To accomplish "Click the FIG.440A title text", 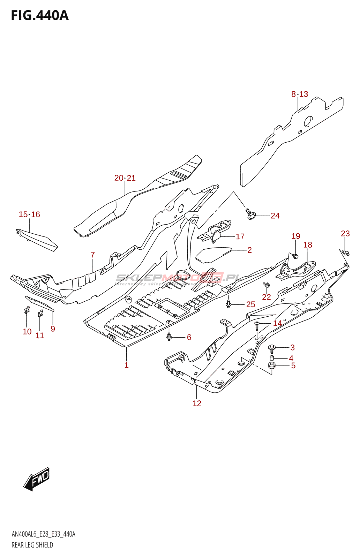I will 40,16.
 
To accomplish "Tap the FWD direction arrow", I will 37,479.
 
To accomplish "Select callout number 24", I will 275,216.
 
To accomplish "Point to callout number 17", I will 240,236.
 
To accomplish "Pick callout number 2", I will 249,250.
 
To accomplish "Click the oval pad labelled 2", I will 213,254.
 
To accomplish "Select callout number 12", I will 197,404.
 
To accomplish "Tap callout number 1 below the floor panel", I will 126,365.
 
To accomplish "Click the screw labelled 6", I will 169,337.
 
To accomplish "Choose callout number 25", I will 250,304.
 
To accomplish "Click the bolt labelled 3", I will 271,347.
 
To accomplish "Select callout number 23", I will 345,234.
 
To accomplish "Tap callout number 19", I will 295,236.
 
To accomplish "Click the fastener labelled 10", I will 27,310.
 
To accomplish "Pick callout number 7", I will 92,255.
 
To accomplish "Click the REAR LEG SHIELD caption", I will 32,545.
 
